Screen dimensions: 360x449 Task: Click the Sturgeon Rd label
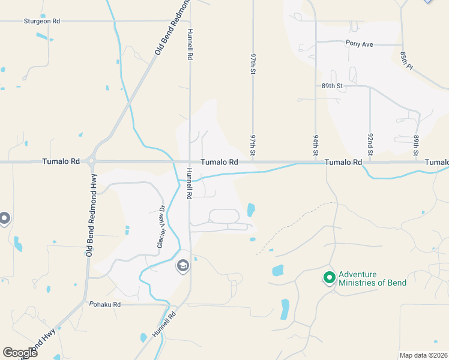coord(42,21)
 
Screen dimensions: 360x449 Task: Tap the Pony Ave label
coord(360,43)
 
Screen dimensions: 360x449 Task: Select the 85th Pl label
coord(406,59)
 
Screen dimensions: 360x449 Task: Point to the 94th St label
coord(315,146)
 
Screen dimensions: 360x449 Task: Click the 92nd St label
coord(370,146)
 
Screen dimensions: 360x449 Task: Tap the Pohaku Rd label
coord(105,305)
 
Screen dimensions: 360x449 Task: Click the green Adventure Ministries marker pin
coord(329,278)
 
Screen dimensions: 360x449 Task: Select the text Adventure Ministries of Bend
coord(372,278)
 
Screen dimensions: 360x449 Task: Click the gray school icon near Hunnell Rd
coord(182,265)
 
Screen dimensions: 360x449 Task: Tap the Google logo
coord(20,352)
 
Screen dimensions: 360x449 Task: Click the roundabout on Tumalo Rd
coord(91,161)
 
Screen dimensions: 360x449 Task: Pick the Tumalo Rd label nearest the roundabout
coord(61,162)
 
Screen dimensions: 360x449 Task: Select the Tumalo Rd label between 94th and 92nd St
coord(343,163)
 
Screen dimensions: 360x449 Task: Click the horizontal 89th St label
coord(331,86)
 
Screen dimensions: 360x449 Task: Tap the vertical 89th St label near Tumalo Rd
coord(415,146)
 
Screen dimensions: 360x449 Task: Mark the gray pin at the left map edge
coord(5,219)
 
